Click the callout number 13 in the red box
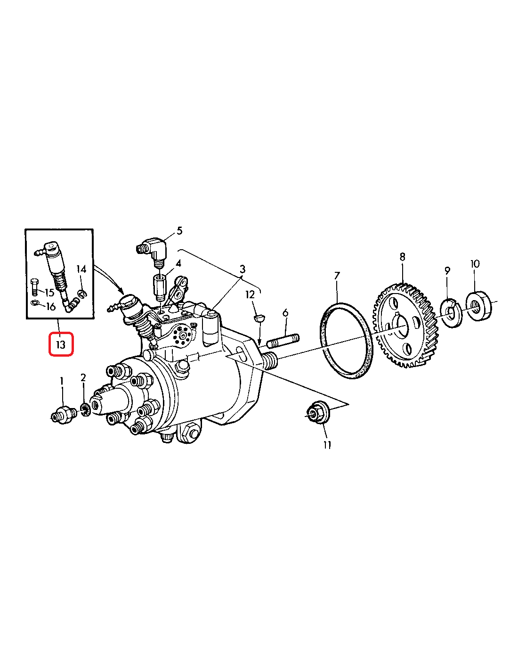(x=61, y=344)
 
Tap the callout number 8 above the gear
(x=403, y=256)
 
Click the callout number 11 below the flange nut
(x=327, y=445)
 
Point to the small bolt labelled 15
(x=34, y=287)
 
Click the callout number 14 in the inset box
(x=81, y=269)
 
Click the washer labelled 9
(x=451, y=314)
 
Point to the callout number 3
(x=243, y=269)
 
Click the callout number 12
(x=250, y=295)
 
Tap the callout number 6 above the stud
(x=285, y=313)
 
